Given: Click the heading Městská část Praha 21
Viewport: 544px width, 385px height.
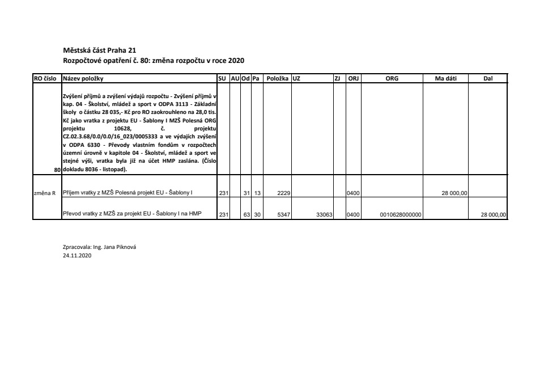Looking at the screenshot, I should pos(99,50).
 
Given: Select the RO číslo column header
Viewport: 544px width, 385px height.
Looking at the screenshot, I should pos(46,78).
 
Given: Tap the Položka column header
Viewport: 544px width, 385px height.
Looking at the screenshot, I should pos(278,78).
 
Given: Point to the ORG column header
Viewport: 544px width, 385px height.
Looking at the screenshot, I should pos(392,78).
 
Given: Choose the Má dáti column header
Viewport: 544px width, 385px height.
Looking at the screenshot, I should pos(445,78).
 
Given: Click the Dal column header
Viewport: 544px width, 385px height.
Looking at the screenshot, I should pos(488,78).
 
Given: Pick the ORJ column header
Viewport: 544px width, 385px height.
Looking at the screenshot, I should pos(354,78).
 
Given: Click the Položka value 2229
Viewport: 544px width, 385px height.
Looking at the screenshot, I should pos(284,193).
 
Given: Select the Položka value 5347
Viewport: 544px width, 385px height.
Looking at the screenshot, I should pos(284,214).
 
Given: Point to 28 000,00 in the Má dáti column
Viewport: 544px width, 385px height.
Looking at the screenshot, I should pos(454,193).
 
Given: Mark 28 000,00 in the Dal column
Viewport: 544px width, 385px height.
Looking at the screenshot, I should pos(493,214).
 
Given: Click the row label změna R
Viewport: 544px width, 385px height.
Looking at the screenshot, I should pos(45,193).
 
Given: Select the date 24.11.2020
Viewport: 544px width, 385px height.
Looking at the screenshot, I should pos(76,256).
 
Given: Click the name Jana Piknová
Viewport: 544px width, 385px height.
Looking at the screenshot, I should pos(120,247).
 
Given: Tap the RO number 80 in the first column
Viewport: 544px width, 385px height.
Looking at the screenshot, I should pos(57,170).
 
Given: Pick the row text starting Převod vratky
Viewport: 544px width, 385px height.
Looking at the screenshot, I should pos(132,214).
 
